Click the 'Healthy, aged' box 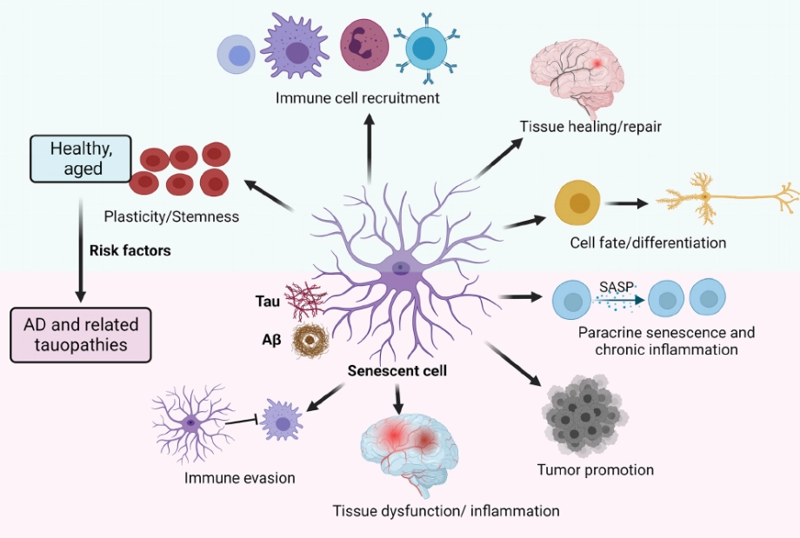click(x=83, y=157)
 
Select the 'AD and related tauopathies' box click(x=81, y=335)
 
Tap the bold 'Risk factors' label click(x=130, y=250)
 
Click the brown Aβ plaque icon click(x=308, y=339)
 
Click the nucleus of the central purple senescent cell click(x=399, y=268)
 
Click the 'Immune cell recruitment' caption click(x=357, y=98)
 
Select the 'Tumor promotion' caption click(x=596, y=470)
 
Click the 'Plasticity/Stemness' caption click(x=170, y=216)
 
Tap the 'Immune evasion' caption click(x=239, y=477)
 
